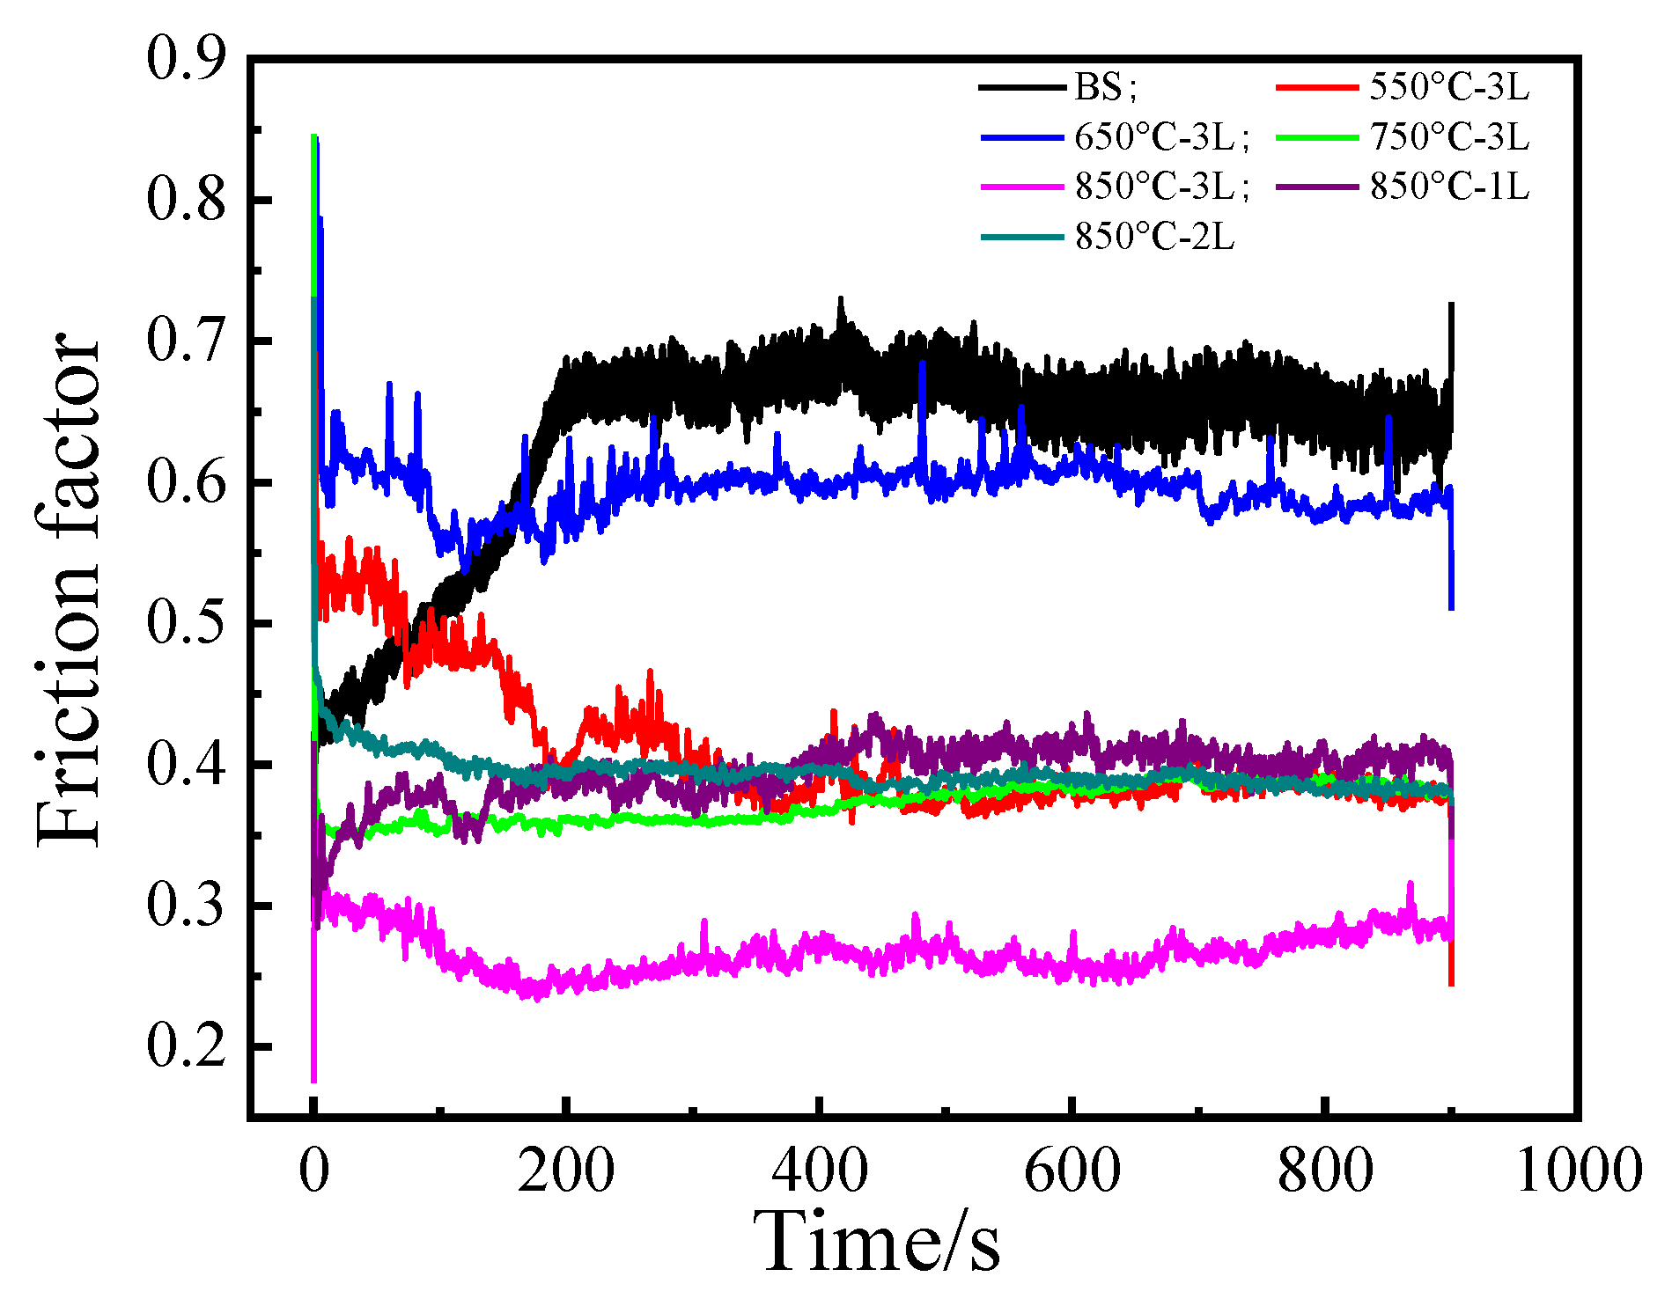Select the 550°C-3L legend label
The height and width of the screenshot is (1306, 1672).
[1449, 87]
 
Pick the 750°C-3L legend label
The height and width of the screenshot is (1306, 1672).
[1449, 136]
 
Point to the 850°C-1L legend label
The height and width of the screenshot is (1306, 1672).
[1449, 186]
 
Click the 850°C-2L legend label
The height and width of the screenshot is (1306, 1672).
[1154, 236]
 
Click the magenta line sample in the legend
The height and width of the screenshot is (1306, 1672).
[1022, 187]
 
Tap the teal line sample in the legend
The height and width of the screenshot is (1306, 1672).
[1022, 236]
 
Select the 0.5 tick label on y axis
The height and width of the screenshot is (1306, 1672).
[186, 623]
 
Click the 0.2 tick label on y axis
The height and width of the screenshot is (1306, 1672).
[186, 1047]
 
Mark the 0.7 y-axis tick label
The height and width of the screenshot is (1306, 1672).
[186, 341]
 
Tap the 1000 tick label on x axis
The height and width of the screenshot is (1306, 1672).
[1579, 1171]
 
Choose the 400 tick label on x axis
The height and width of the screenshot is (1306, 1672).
[820, 1171]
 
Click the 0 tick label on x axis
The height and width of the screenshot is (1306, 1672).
[314, 1171]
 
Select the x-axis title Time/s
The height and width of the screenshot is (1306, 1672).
[881, 1242]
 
